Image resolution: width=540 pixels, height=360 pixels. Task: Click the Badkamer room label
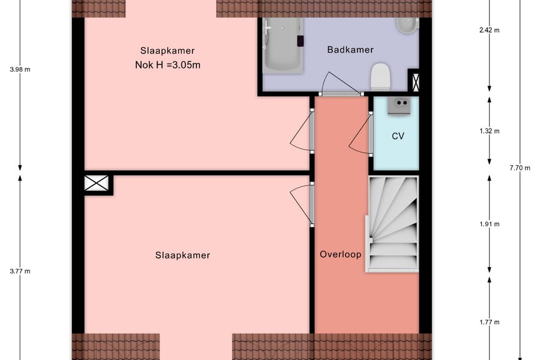pos(350,50)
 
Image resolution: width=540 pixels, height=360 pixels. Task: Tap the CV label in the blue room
pos(398,136)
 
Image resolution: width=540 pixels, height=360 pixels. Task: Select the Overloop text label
pos(341,254)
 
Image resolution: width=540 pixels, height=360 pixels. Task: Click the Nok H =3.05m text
pos(168,65)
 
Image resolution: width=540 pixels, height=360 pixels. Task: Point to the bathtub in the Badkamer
pos(283,46)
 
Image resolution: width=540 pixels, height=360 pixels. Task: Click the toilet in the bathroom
pos(380,77)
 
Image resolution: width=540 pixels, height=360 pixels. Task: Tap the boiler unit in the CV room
pos(398,106)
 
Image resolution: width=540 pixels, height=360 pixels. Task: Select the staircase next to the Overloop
pos(392,224)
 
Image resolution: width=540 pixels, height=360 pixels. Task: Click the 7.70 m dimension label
pos(520,168)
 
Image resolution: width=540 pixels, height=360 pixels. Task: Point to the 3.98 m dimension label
pos(20,69)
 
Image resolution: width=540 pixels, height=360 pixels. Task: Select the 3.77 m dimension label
pos(20,271)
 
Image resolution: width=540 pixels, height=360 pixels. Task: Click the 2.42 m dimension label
pos(490,30)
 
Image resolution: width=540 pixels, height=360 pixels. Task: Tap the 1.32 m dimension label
pos(490,131)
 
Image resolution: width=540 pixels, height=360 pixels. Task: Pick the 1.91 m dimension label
pos(490,224)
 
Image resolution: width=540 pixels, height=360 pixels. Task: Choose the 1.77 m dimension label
pos(490,322)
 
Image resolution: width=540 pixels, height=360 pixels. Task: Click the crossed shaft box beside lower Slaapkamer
pos(97,183)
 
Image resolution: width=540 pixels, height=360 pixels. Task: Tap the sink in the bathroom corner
pos(407,25)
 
